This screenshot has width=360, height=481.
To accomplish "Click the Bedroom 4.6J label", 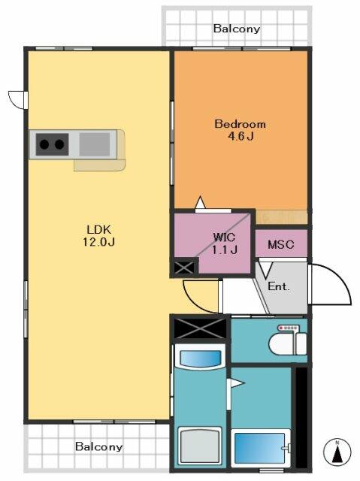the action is pyautogui.click(x=240, y=130).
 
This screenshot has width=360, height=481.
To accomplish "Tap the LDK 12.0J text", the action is pyautogui.click(x=98, y=235).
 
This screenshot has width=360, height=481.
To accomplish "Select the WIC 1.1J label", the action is pyautogui.click(x=225, y=244).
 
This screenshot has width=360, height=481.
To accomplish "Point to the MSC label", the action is pyautogui.click(x=281, y=244).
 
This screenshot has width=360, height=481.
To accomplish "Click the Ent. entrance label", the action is pyautogui.click(x=279, y=286).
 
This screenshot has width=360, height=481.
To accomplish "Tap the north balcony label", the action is pyautogui.click(x=237, y=29).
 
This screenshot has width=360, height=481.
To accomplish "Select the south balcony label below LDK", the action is pyautogui.click(x=98, y=446).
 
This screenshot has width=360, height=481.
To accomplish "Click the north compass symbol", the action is pyautogui.click(x=337, y=452).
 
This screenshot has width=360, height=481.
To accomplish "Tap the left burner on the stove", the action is pyautogui.click(x=44, y=144).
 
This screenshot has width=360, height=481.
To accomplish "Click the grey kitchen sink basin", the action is pyautogui.click(x=95, y=144).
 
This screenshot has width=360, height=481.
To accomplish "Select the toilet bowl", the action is pyautogui.click(x=282, y=344).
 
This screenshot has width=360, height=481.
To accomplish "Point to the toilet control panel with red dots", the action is pyautogui.click(x=288, y=328).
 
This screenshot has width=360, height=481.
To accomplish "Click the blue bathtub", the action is pyautogui.click(x=260, y=448).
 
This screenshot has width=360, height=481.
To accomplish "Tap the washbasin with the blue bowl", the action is pyautogui.click(x=200, y=358).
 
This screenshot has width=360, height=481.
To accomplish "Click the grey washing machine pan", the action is pyautogui.click(x=200, y=445).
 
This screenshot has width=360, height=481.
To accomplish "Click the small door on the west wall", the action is pyautogui.click(x=18, y=100).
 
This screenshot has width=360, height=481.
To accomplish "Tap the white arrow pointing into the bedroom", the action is pyautogui.click(x=200, y=202).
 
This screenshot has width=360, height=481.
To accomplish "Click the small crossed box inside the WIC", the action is pyautogui.click(x=184, y=268).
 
